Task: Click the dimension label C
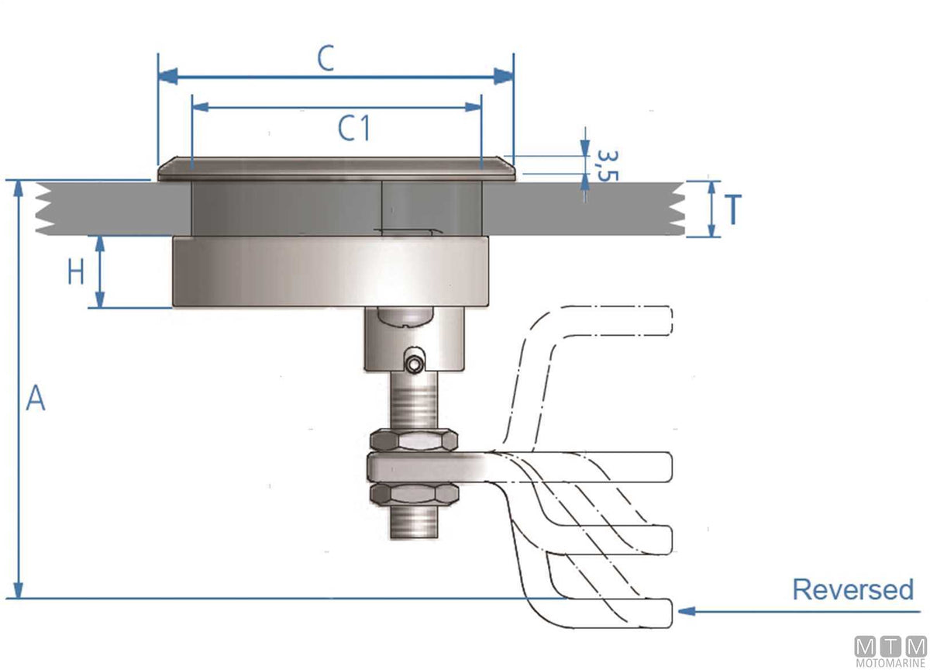325,59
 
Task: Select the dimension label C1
353,128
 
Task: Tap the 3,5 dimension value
608,166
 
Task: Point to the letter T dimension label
733,209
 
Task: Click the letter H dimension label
76,271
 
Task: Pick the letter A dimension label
36,398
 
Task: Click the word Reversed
853,589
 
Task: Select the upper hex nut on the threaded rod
414,440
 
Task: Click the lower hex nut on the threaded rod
415,494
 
